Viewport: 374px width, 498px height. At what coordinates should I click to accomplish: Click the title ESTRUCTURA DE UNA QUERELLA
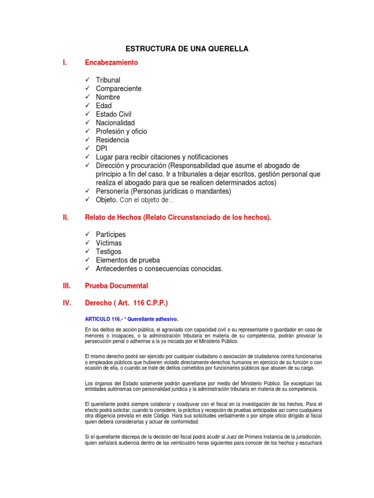pyautogui.click(x=187, y=49)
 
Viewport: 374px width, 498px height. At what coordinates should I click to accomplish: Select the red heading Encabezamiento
pyautogui.click(x=112, y=62)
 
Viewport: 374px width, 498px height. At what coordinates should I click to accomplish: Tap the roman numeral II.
pyautogui.click(x=66, y=217)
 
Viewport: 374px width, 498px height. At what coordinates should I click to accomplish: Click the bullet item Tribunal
pyautogui.click(x=108, y=80)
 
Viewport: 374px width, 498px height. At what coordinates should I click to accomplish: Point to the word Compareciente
pyautogui.click(x=119, y=89)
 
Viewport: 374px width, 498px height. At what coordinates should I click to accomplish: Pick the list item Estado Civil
pyautogui.click(x=113, y=114)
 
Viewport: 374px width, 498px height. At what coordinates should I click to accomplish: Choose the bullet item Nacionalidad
pyautogui.click(x=115, y=123)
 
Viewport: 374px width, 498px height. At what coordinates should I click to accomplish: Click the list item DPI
pyautogui.click(x=101, y=148)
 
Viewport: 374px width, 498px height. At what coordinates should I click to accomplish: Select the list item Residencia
pyautogui.click(x=112, y=140)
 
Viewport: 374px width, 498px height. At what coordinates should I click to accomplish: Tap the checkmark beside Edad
pyautogui.click(x=87, y=106)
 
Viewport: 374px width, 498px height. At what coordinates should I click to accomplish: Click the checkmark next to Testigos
pyautogui.click(x=87, y=251)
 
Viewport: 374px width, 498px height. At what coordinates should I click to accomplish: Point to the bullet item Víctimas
pyautogui.click(x=109, y=243)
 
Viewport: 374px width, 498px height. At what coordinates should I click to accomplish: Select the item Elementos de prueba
pyautogui.click(x=128, y=260)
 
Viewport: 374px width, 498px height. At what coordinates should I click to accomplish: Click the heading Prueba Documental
pyautogui.click(x=116, y=285)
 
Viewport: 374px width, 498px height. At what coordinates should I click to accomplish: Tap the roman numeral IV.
pyautogui.click(x=67, y=303)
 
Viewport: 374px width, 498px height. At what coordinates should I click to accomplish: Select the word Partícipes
pyautogui.click(x=111, y=234)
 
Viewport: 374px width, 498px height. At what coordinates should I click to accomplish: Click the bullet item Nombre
pyautogui.click(x=108, y=97)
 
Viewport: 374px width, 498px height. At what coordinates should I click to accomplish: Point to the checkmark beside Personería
pyautogui.click(x=87, y=191)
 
